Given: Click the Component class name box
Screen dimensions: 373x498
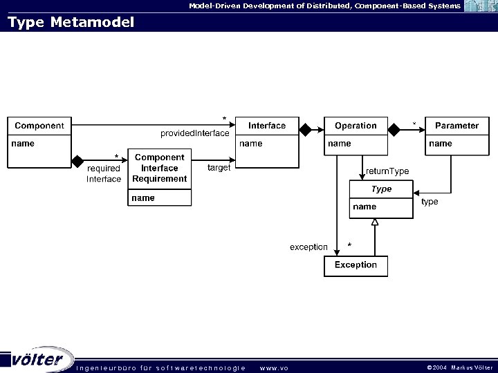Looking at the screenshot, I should (39, 126).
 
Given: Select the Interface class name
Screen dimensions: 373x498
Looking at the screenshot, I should (267, 126).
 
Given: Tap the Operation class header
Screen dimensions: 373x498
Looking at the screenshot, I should (356, 126).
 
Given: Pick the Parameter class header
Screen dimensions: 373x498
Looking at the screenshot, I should (456, 126).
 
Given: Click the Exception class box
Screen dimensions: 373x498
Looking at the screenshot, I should (356, 265).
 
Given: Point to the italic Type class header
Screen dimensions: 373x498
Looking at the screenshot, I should (381, 189).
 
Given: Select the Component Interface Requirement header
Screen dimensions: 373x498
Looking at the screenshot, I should (160, 169).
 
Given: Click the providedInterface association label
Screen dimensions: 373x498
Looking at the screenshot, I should (194, 133).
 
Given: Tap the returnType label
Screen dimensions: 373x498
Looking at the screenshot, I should (387, 171).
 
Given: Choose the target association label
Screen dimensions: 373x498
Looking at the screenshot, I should (219, 168).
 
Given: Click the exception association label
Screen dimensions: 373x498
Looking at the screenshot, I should (308, 247).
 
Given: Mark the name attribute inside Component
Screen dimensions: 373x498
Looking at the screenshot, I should (22, 144).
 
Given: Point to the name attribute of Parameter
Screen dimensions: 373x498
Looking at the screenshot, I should (441, 144).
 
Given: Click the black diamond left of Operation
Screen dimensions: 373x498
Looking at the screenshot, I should (304, 128).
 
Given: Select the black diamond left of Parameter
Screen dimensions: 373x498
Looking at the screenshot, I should (394, 128).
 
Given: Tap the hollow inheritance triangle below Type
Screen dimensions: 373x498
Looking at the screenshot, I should (375, 222).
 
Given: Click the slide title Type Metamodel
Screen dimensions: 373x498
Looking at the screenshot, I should (71, 22).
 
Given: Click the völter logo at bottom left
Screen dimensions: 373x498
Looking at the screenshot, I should (38, 360).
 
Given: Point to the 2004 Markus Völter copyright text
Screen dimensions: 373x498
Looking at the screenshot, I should (459, 367).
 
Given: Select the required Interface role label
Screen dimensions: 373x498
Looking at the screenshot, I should (104, 173).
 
